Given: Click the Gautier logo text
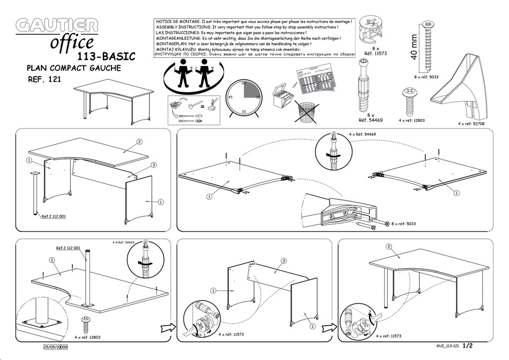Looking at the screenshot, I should pos(57,26).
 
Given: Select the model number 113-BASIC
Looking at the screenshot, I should pos(106,56).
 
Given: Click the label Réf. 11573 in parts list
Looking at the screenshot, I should pos(376,54).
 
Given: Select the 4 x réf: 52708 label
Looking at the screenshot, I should pos(473,123).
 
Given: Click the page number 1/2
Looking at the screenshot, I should pos(468,347).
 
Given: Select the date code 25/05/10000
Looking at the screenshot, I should pos(55,347).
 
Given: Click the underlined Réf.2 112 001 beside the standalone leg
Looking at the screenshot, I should pos(54,217).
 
